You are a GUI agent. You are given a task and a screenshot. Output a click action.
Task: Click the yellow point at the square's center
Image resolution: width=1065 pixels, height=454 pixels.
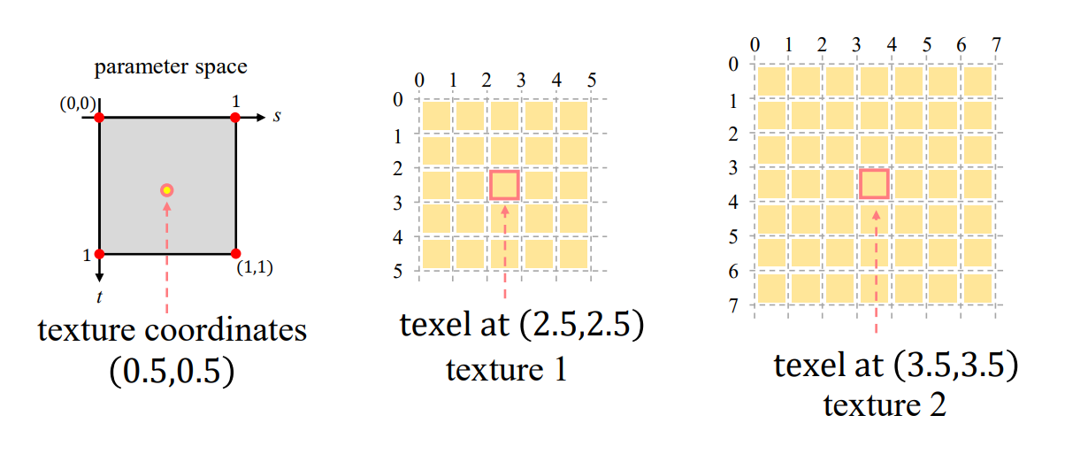(x=166, y=189)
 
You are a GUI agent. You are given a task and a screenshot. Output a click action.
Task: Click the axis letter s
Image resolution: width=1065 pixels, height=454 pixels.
(x=277, y=116)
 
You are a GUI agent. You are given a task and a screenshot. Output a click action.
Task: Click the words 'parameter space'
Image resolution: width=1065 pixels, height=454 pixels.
(x=171, y=66)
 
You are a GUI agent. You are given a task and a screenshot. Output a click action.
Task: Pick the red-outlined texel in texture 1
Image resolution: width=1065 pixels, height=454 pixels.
(x=504, y=185)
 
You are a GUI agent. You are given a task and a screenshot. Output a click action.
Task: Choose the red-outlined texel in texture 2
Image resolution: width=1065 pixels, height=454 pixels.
(x=874, y=183)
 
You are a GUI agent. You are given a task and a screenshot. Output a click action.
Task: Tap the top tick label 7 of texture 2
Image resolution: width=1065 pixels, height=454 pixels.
(x=997, y=44)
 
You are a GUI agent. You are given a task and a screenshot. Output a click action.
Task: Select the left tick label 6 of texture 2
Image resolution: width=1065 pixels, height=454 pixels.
(x=733, y=271)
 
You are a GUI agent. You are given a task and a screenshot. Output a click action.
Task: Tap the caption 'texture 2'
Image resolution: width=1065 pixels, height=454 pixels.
(x=885, y=404)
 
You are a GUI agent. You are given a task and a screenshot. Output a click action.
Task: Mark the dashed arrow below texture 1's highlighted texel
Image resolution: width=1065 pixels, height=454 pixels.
(x=504, y=252)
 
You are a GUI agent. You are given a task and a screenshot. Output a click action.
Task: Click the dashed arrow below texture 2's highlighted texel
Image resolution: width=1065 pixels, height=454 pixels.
(x=876, y=270)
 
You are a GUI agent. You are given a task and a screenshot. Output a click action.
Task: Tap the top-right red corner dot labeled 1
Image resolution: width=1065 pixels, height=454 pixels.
(x=235, y=117)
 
